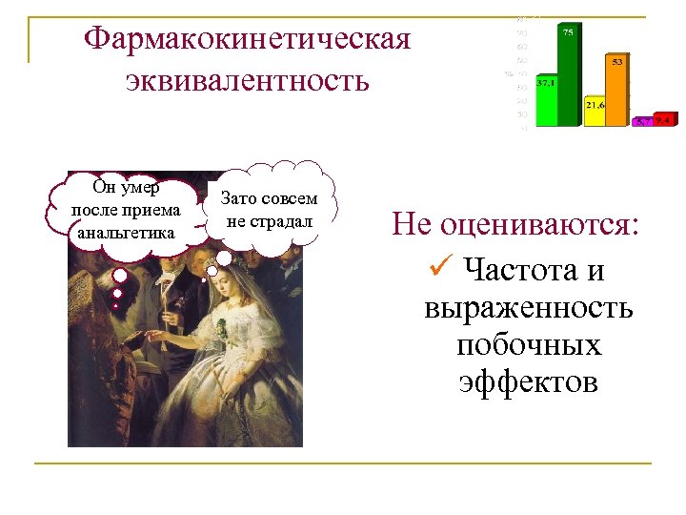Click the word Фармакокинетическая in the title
(247, 41)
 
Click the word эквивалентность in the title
(247, 80)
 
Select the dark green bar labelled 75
(568, 76)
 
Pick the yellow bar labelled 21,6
(595, 113)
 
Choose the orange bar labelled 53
(617, 92)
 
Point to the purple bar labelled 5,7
(643, 122)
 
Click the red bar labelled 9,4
(664, 120)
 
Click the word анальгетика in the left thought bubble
(121, 233)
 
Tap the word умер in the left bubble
(141, 188)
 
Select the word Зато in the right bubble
(239, 199)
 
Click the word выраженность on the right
(528, 308)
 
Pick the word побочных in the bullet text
(528, 345)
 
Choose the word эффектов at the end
(528, 382)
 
